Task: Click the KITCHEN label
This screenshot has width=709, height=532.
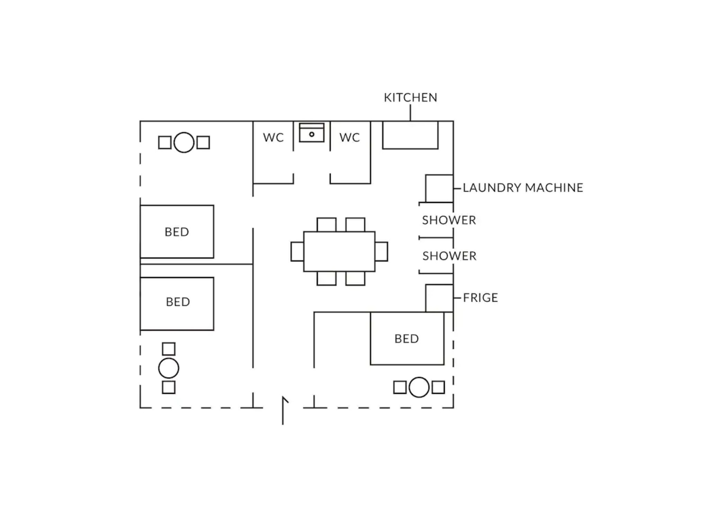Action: (x=411, y=98)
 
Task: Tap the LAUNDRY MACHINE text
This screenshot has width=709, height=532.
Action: (x=523, y=188)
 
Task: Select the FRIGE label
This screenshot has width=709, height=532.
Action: (x=481, y=298)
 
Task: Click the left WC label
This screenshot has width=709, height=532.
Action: (x=273, y=138)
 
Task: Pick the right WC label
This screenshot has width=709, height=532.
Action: (x=350, y=138)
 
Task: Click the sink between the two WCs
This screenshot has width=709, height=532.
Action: (x=312, y=133)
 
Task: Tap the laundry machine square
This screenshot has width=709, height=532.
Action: (x=439, y=188)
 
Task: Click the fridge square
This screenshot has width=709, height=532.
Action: (x=439, y=298)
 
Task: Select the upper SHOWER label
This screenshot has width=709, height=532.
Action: (x=449, y=220)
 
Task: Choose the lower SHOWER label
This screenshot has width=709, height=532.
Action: (x=449, y=256)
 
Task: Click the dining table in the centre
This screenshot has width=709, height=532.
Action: (x=339, y=251)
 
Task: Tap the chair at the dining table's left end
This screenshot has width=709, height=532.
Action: (x=297, y=251)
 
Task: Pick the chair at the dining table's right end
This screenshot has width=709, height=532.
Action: (x=382, y=251)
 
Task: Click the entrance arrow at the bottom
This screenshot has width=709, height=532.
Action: (x=283, y=410)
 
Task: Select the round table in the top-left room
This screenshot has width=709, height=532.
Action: (x=184, y=142)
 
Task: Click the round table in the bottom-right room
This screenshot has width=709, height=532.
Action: (x=419, y=387)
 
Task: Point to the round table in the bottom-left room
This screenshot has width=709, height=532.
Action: (x=169, y=368)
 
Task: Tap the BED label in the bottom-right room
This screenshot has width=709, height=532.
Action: (x=407, y=339)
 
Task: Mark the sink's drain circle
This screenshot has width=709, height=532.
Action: (x=312, y=134)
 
